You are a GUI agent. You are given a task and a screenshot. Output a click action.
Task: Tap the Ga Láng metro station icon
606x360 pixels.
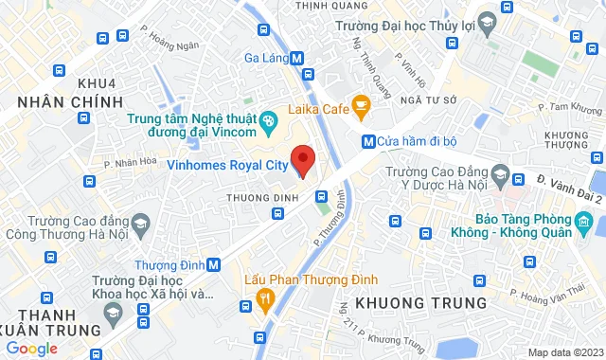tap(297, 57)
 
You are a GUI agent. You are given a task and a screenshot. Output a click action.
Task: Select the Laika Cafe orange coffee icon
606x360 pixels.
tap(360, 103)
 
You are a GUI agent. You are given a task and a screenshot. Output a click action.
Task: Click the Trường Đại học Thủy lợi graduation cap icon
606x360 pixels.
tap(486, 22)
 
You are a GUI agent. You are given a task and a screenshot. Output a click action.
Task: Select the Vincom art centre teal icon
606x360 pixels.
tap(268, 119)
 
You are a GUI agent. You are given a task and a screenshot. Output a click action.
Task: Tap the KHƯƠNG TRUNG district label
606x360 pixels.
tap(421, 303)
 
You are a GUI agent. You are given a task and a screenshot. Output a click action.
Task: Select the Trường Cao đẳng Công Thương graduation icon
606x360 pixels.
tap(141, 225)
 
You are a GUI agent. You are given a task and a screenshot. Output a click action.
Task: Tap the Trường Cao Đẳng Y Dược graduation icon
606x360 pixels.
tap(517, 179)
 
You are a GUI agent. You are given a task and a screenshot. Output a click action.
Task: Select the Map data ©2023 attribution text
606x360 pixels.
tap(564, 352)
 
